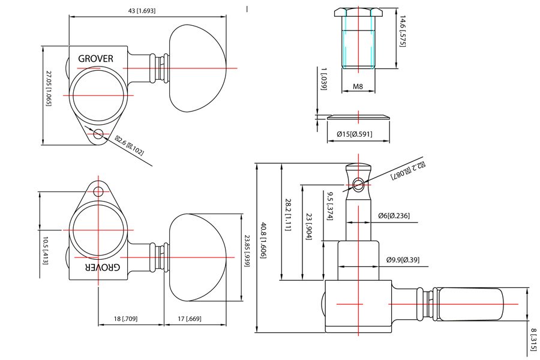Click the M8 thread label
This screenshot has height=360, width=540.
[358, 86]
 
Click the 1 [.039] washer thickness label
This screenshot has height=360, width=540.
[323, 79]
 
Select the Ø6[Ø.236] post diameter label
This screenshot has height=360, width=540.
[394, 215]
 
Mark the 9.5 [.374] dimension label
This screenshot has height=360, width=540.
[330, 206]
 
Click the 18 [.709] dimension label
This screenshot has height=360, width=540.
[125, 319]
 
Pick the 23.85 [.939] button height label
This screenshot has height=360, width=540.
[247, 250]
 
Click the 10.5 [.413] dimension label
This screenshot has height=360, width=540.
[45, 250]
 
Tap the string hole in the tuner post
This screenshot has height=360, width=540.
[359, 182]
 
